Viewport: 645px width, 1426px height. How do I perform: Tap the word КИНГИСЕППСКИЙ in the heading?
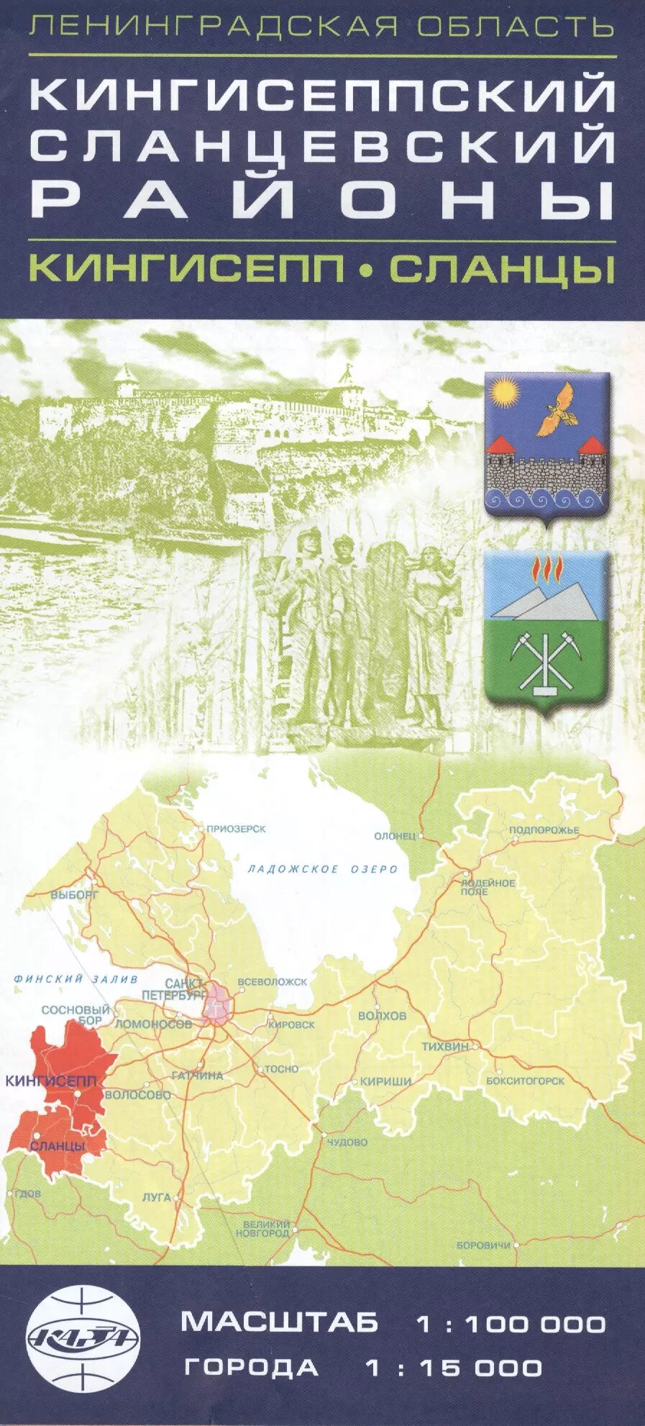323,94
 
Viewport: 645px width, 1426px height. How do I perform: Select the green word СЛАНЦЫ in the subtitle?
500,268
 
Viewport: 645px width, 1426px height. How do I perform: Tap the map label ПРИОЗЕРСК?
236,829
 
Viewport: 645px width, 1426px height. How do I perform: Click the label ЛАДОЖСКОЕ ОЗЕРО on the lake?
322,869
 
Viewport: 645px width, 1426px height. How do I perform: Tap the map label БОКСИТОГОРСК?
525,1081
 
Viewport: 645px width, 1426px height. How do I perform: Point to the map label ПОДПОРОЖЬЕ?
544,830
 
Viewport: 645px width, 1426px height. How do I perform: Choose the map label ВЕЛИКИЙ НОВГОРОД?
266,1228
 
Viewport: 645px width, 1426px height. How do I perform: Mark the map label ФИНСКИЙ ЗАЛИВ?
76,979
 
